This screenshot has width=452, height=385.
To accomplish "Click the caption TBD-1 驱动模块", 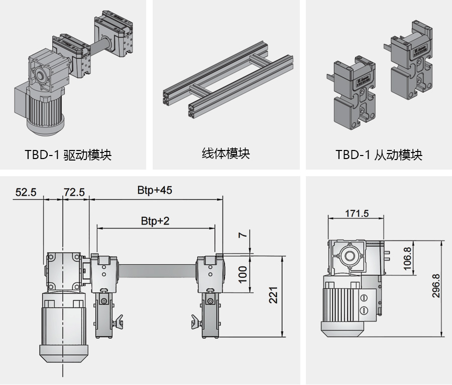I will tap(68, 155).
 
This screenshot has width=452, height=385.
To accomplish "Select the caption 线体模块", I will tap(225, 153).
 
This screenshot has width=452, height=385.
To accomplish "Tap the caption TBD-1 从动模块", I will tap(379, 155).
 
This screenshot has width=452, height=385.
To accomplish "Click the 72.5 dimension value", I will tap(74, 192).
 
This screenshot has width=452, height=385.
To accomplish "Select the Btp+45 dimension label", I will tap(155, 191).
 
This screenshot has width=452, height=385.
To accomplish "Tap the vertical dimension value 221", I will tap(273, 295).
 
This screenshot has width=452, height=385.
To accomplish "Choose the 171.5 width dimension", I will tap(357, 213).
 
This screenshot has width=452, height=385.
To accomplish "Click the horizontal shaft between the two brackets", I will tap(157, 272).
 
